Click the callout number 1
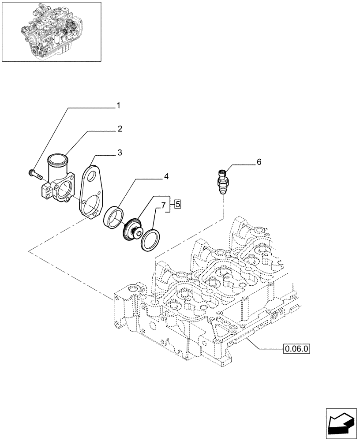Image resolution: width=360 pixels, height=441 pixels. pyautogui.click(x=118, y=105)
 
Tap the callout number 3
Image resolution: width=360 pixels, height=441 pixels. pyautogui.click(x=120, y=153)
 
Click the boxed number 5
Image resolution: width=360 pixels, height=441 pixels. pyautogui.click(x=177, y=204)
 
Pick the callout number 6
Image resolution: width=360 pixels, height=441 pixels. pyautogui.click(x=259, y=162)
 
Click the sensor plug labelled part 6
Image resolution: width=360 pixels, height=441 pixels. pyautogui.click(x=222, y=180)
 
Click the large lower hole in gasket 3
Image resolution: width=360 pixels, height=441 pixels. pyautogui.click(x=90, y=207)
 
